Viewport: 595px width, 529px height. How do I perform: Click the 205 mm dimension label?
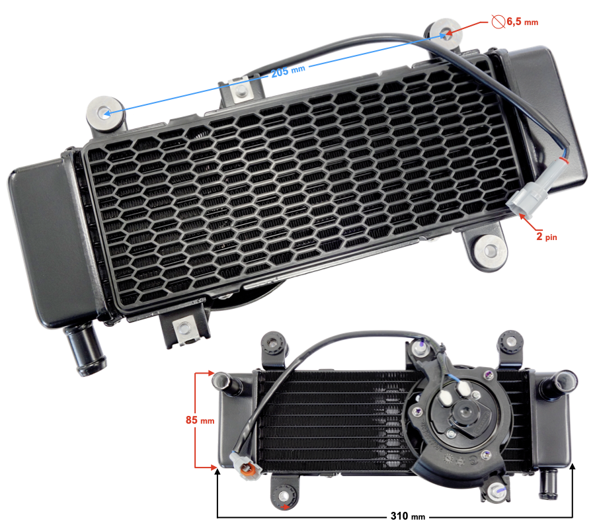(288, 71)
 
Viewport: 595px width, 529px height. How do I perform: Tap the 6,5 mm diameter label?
(522, 22)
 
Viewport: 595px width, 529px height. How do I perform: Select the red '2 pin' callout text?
(547, 237)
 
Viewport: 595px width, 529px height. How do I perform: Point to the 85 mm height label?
(200, 420)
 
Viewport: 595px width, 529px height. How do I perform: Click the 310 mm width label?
(408, 516)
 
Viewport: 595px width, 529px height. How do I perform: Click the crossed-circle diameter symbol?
(498, 21)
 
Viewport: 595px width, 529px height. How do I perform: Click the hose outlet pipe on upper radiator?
(84, 348)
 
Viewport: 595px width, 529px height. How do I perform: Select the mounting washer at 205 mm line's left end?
(105, 113)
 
